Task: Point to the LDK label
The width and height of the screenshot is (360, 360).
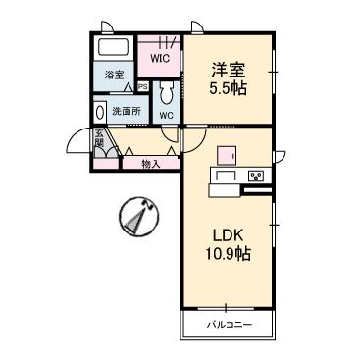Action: click(x=229, y=235)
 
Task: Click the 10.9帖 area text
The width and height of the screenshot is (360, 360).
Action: click(x=229, y=254)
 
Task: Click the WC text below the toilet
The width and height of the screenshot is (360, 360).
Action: click(x=166, y=116)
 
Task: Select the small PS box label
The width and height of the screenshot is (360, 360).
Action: click(x=143, y=86)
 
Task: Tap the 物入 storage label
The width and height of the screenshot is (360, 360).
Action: click(x=150, y=164)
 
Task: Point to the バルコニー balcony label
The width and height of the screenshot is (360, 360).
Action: click(x=228, y=324)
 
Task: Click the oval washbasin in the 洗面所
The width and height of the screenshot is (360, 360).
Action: click(x=100, y=111)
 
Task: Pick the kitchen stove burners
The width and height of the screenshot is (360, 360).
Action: click(x=256, y=177)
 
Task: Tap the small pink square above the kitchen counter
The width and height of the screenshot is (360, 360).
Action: click(x=227, y=153)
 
